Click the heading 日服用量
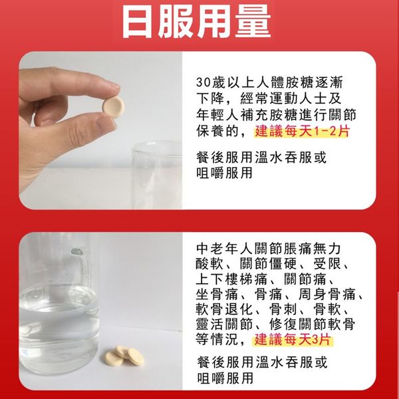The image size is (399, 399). tap(196, 21)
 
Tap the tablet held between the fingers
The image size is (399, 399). tap(114, 105)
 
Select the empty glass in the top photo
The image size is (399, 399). tap(157, 175)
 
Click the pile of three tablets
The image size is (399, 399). tap(124, 356)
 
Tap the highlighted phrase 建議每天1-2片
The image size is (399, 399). tap(303, 131)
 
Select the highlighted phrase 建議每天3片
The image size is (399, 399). tap(293, 340)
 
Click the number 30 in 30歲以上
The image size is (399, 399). tap(203, 82)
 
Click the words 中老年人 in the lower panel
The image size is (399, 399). tap(225, 249)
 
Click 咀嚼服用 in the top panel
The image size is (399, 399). tap(224, 173)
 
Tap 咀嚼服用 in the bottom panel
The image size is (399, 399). tap(225, 378)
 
